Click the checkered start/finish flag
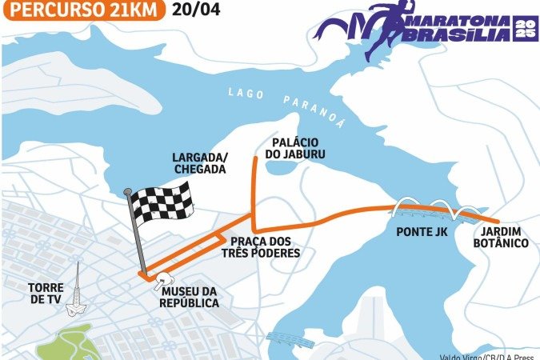pos(162,202)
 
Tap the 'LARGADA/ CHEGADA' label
pos(199,164)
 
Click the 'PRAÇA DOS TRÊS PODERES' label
pos(265,247)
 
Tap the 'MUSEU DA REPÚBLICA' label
pos(189,296)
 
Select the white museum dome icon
pos(166,279)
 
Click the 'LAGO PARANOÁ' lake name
pos(287,102)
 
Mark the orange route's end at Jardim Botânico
pos(499,222)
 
